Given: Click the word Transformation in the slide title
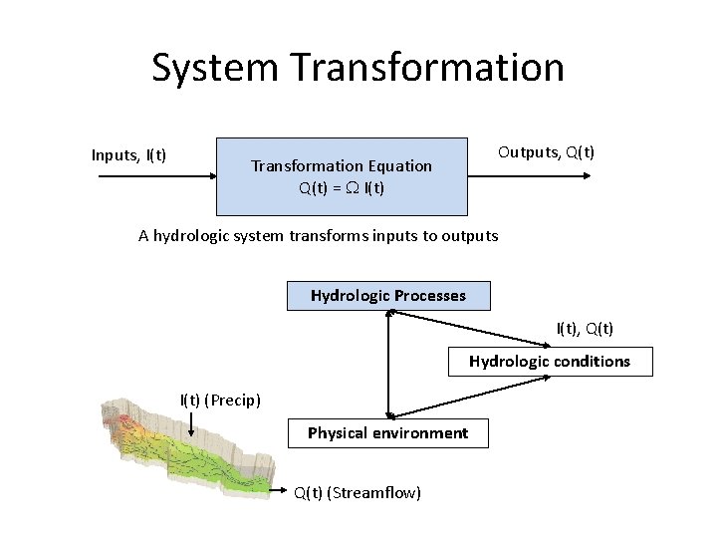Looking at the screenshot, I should tap(428, 68).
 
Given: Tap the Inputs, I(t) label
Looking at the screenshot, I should tap(128, 154).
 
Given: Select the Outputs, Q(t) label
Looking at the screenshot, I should tap(547, 152).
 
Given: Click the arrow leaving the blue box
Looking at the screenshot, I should tap(528, 176).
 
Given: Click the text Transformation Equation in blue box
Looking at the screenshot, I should tap(342, 165).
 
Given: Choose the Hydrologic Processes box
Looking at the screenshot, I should tap(388, 296).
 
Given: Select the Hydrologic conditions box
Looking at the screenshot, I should tap(550, 362).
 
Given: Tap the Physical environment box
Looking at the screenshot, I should tap(387, 433).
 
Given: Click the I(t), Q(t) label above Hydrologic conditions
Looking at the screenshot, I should tap(585, 328).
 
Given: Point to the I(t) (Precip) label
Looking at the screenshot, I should tap(220, 401).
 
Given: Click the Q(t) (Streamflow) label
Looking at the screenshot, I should tap(358, 493).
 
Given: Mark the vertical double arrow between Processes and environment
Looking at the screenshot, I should tap(388, 364).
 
